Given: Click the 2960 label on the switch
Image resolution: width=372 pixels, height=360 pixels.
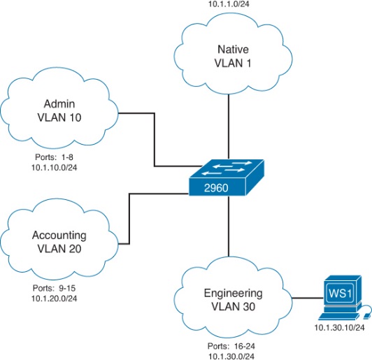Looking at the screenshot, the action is click(216, 188).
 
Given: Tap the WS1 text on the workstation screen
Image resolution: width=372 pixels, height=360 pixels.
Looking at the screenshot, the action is click(340, 293).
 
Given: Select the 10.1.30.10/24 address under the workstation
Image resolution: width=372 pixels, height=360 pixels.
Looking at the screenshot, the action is click(339, 328).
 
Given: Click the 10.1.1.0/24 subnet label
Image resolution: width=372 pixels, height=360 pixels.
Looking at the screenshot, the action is click(229, 3).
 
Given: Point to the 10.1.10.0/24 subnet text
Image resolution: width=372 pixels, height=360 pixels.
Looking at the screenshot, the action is click(55, 168).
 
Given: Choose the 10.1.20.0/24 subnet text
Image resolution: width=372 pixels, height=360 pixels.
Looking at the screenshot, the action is click(55, 298).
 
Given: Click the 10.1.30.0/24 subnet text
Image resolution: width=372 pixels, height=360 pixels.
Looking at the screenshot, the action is click(231, 357).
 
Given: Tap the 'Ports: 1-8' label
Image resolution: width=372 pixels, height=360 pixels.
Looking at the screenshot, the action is click(54, 157).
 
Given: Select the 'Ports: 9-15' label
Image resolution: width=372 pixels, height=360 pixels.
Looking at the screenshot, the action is click(54, 288).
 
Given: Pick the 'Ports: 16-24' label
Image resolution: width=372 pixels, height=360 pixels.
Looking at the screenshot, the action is click(231, 346).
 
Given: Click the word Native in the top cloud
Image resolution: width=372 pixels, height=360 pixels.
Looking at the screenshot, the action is click(234, 50).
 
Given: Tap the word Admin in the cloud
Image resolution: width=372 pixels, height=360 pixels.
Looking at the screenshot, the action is click(59, 104).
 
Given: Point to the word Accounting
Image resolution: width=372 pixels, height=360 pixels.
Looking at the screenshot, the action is click(59, 236).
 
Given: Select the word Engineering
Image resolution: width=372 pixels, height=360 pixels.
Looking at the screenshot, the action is click(234, 294).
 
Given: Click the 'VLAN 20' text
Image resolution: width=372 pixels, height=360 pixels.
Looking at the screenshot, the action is click(59, 249).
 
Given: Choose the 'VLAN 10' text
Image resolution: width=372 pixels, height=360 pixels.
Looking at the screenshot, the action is click(59, 117).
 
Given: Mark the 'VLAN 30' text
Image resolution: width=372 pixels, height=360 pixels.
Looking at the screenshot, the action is click(234, 307).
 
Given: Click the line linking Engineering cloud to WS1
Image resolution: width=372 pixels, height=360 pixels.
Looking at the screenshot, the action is click(308, 298).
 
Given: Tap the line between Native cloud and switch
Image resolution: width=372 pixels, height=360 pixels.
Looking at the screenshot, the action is click(229, 127).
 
